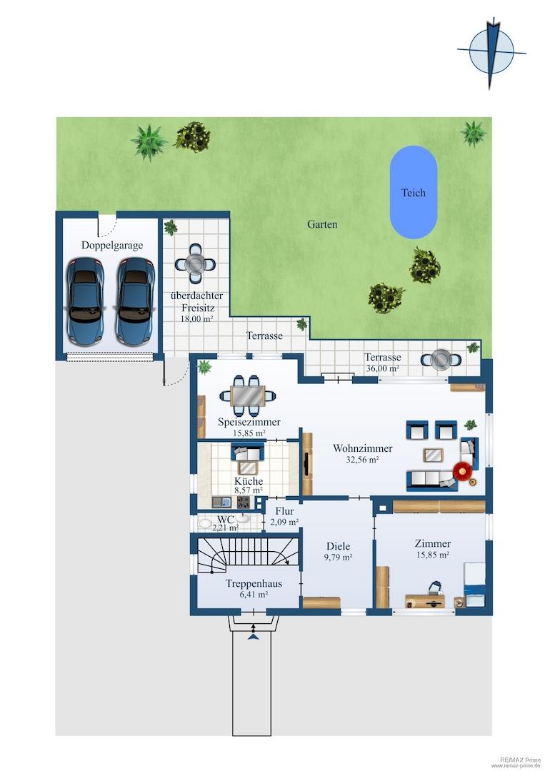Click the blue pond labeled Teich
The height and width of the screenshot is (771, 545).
(413, 192)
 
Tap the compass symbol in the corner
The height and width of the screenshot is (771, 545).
(491, 52)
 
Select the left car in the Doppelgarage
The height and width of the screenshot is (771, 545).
(86, 301)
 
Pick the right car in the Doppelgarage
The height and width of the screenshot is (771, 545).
(134, 301)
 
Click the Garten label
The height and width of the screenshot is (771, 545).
(322, 224)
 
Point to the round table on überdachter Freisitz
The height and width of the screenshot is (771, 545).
(195, 265)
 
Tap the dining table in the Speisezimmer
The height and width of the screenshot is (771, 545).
(247, 395)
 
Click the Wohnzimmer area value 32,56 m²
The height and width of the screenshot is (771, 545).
(363, 460)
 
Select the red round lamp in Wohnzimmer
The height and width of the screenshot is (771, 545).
(462, 471)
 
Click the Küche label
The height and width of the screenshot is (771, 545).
(249, 481)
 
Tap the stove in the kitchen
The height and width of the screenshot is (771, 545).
(244, 502)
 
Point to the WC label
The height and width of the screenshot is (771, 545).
(225, 519)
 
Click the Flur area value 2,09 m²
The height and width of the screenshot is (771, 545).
(284, 522)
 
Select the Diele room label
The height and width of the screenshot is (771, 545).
(339, 546)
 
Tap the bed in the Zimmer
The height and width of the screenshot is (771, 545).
(474, 585)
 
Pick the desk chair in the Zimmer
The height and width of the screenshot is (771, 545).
(435, 588)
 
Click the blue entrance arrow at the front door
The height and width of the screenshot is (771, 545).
(254, 637)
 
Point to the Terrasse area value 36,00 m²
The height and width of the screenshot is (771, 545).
(382, 368)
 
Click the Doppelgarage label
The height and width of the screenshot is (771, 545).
(112, 245)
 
